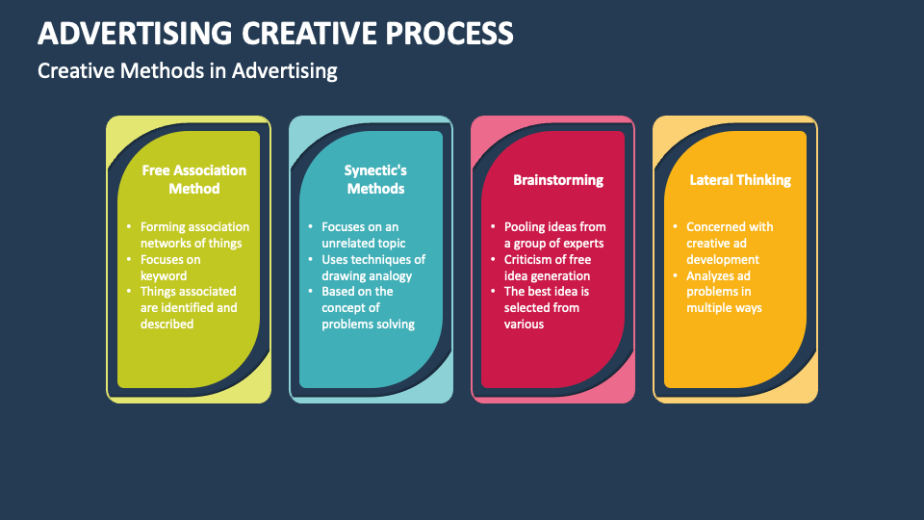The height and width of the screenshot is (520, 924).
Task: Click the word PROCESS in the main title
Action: [x=449, y=33]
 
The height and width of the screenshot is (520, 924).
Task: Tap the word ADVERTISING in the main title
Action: [x=135, y=33]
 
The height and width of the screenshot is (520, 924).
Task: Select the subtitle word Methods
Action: [x=162, y=70]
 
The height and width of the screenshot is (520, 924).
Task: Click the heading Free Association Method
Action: [x=193, y=179]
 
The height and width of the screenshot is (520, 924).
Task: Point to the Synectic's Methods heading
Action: [x=375, y=179]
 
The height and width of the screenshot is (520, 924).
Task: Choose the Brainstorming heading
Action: [x=558, y=180]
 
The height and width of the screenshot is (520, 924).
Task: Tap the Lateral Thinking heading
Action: [x=740, y=180]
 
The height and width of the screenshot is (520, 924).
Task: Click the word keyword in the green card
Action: [x=164, y=276]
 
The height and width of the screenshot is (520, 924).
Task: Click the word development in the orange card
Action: [x=723, y=260]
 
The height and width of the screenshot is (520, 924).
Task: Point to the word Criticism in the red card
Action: [x=527, y=259]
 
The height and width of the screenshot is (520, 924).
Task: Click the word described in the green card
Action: [x=167, y=324]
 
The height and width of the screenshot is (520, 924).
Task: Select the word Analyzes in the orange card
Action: [x=709, y=276]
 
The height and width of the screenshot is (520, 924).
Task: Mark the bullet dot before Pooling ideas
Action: [x=493, y=227]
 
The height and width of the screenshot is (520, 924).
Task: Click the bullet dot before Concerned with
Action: [x=676, y=227]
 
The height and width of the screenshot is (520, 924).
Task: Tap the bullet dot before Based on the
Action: [x=311, y=291]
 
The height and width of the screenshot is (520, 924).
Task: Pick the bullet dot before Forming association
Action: [x=129, y=227]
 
